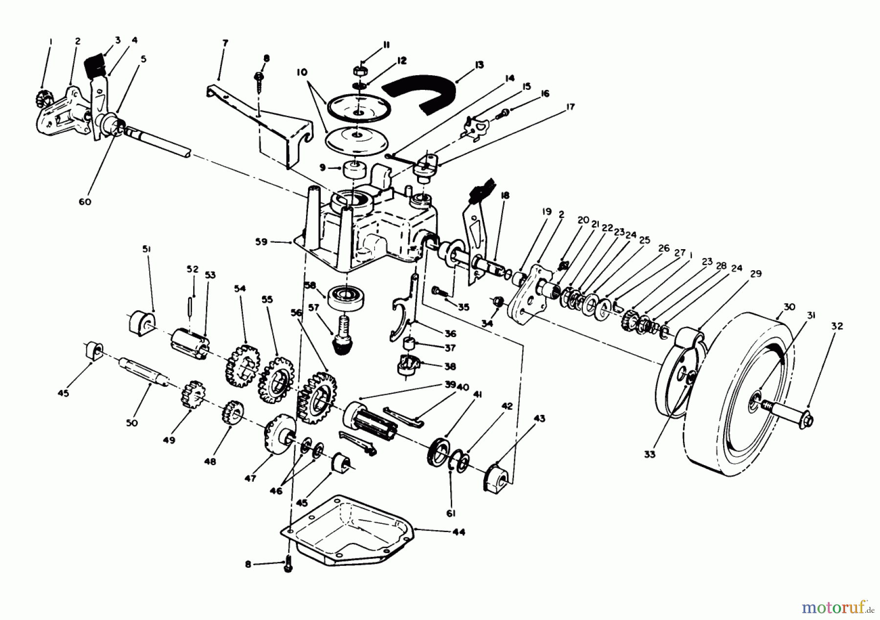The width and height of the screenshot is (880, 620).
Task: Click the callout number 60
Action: click(85, 201)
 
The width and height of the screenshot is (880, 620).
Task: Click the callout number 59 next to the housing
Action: click(262, 242)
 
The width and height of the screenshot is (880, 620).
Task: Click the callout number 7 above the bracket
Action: click(225, 43)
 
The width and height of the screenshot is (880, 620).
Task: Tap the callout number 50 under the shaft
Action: click(132, 423)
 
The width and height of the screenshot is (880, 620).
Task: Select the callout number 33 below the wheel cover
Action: click(649, 454)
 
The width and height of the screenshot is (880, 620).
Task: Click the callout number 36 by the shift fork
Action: click(450, 334)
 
